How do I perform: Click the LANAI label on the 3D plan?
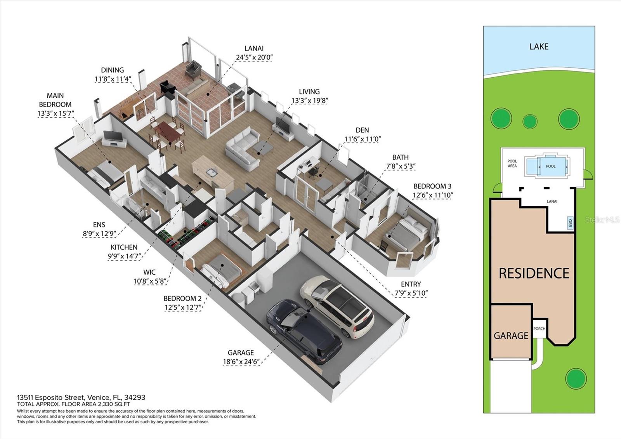tap(254, 49)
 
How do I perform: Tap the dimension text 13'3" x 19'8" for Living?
tap(309, 101)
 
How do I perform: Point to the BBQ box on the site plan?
tap(570, 223)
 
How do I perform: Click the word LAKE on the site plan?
tap(539, 47)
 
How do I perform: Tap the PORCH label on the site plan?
tap(539, 329)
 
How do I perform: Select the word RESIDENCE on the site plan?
tap(534, 274)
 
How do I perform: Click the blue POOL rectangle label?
tap(550, 166)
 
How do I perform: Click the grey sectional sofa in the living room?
tap(243, 150)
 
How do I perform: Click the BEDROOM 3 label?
tap(432, 186)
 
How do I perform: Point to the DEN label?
tap(362, 130)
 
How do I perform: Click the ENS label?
tap(99, 225)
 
